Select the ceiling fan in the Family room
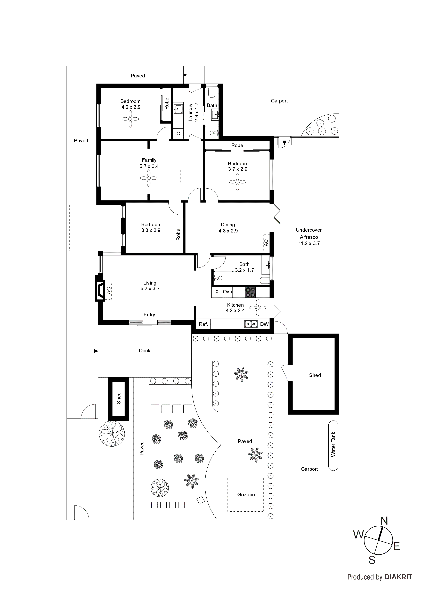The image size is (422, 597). point(149,178)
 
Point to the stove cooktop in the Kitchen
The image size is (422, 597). point(250,292)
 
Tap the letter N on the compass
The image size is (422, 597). point(384,521)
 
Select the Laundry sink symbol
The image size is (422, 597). point(178,109)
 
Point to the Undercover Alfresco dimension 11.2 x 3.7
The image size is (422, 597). point(309,243)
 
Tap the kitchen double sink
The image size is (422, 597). point(251,324)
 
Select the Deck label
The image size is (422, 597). point(145,351)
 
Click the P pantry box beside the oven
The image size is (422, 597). point(217,292)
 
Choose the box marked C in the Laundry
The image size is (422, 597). point(178,134)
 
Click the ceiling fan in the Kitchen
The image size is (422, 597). point(258,308)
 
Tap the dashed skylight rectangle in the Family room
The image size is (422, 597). point(175,177)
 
